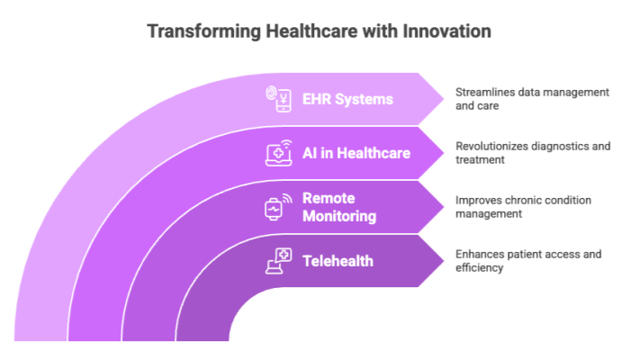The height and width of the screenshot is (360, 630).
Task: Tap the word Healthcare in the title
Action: pyautogui.click(x=311, y=31)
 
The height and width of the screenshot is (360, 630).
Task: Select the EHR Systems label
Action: pyautogui.click(x=347, y=99)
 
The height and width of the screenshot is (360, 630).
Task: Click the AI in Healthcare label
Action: pyautogui.click(x=356, y=153)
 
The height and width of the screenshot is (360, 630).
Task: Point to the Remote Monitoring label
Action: pyautogui.click(x=339, y=207)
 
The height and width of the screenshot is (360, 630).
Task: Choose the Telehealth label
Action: pyautogui.click(x=337, y=261)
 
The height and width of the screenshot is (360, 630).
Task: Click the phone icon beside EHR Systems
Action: pyautogui.click(x=278, y=99)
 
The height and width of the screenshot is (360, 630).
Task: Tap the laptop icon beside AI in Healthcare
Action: pyautogui.click(x=278, y=153)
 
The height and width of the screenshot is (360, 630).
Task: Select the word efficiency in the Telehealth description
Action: pyautogui.click(x=480, y=268)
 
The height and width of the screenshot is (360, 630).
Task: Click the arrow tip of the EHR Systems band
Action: pyautogui.click(x=444, y=99)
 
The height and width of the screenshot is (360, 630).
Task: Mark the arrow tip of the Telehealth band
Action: pyautogui.click(x=444, y=261)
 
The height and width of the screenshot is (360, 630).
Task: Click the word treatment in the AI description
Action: pyautogui.click(x=480, y=160)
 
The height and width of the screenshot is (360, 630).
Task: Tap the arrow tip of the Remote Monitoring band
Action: pyautogui.click(x=444, y=207)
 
